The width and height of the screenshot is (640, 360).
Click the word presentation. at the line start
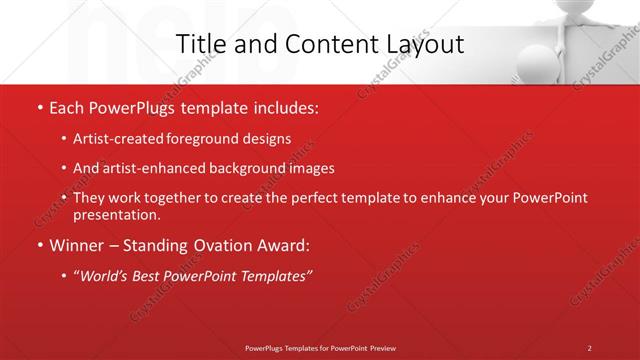pyautogui.click(x=116, y=214)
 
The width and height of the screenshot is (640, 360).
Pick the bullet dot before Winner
pyautogui.click(x=38, y=245)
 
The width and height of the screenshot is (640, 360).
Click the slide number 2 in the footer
pyautogui.click(x=589, y=348)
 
